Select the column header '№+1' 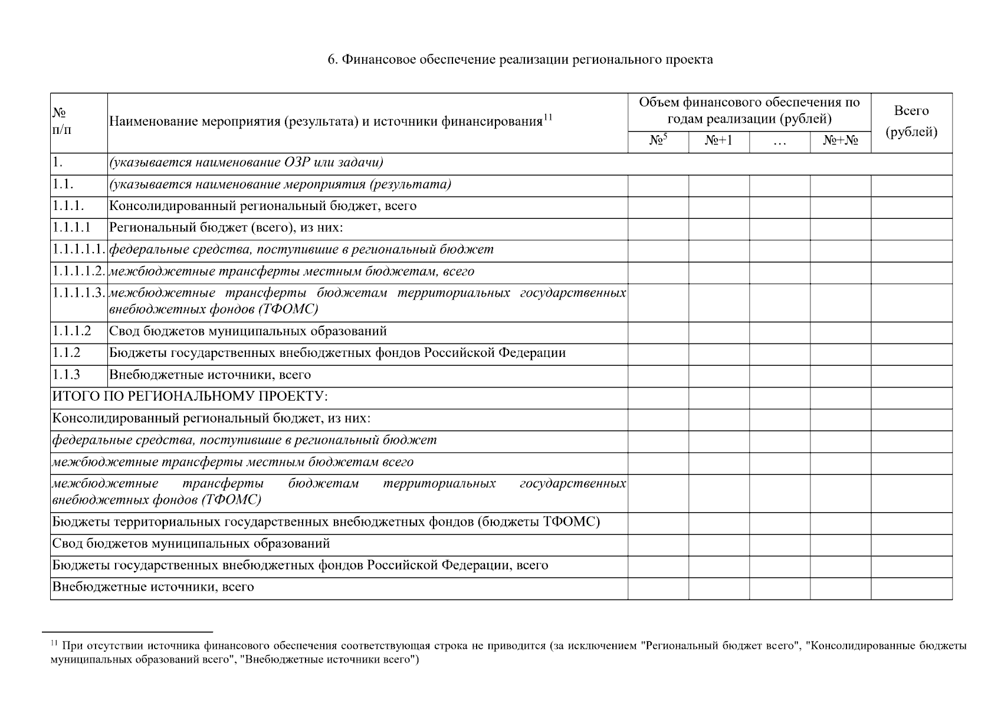pyautogui.click(x=718, y=142)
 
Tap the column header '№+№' pyautogui.click(x=840, y=142)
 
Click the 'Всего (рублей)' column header pyautogui.click(x=911, y=122)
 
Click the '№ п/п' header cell pyautogui.click(x=62, y=122)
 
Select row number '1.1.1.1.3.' pyautogui.click(x=78, y=293)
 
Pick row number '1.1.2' pyautogui.click(x=66, y=353)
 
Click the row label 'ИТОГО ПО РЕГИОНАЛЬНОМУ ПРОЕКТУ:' pyautogui.click(x=190, y=396)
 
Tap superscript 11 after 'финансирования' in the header pyautogui.click(x=547, y=117)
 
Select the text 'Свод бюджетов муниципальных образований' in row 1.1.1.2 pyautogui.click(x=248, y=331)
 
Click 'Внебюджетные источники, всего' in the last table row pyautogui.click(x=153, y=587)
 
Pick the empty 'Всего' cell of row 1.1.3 pyautogui.click(x=911, y=375)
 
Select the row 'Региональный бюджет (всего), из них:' pyautogui.click(x=226, y=228)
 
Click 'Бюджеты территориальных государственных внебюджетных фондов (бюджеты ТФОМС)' pyautogui.click(x=326, y=522)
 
